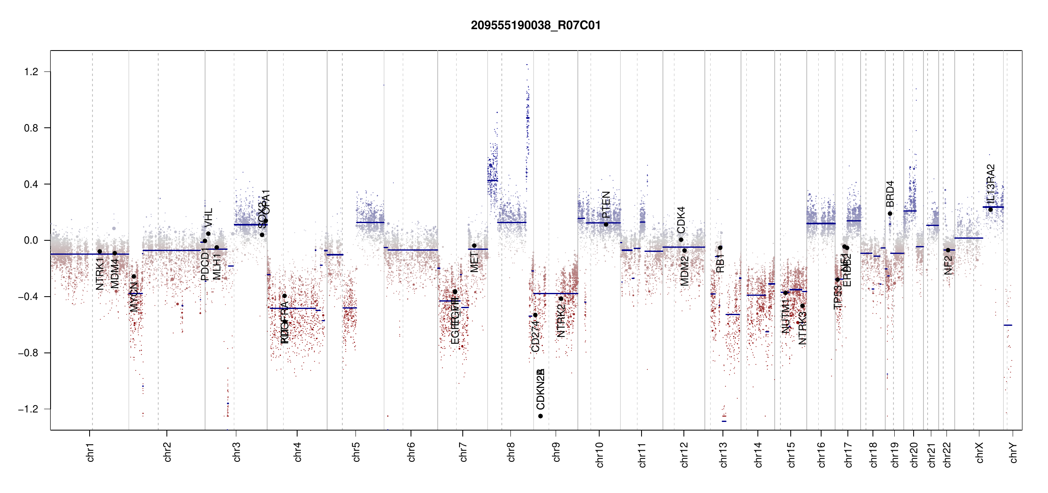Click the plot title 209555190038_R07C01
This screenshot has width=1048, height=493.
coord(536,25)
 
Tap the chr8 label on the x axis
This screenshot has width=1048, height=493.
coord(511,452)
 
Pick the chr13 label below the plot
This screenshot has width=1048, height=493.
coord(723,454)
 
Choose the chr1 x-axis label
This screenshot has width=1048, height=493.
coord(90,452)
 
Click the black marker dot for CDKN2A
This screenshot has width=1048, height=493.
coord(540,416)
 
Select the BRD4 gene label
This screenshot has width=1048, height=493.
coord(890,194)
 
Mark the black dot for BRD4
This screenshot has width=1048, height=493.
coord(890,214)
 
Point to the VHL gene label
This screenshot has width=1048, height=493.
coord(209,217)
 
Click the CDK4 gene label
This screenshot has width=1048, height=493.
coord(681,220)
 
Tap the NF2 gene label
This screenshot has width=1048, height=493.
coord(948,265)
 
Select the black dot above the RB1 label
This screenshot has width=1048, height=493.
coord(720,248)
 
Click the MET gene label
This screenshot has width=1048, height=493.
coord(474,262)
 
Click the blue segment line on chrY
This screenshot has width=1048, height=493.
coord(1008,325)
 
